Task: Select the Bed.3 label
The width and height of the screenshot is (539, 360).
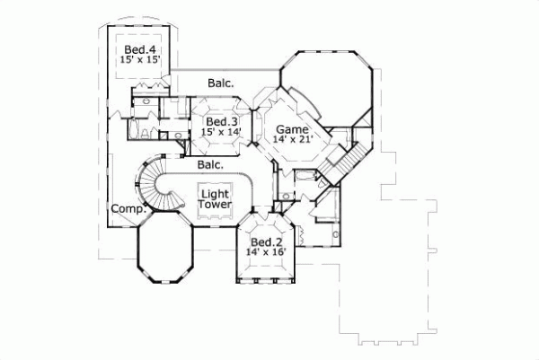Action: coord(221,122)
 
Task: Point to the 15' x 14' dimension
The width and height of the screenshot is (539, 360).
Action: coord(221,133)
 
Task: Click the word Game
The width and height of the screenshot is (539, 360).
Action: coord(292,129)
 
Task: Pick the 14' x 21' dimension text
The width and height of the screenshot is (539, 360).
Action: coord(292,140)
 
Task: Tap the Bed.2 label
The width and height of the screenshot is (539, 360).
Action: coord(266,242)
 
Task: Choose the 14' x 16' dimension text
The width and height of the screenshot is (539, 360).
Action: coord(266,253)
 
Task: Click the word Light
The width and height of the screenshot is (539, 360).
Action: coord(214,194)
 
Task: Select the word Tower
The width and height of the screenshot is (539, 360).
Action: coord(214,206)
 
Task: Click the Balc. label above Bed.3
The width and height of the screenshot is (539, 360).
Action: coord(221,83)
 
